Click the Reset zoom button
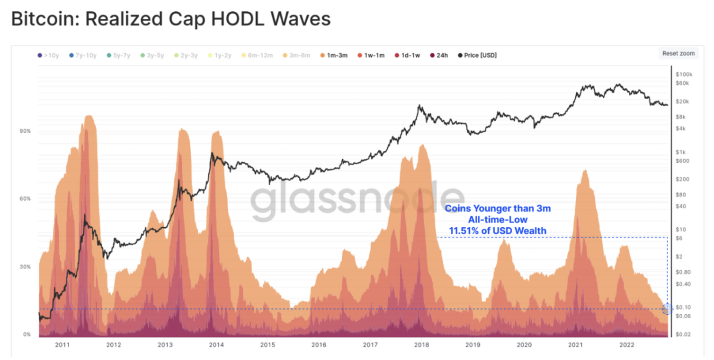pyautogui.click(x=679, y=53)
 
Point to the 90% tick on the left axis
pyautogui.click(x=25, y=131)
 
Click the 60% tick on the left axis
pyautogui.click(x=25, y=199)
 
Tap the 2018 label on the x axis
pyautogui.click(x=421, y=344)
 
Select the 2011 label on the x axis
pyautogui.click(x=63, y=344)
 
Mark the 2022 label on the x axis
pyautogui.click(x=626, y=344)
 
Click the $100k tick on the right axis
pyautogui.click(x=684, y=75)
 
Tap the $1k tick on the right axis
pyautogui.click(x=681, y=152)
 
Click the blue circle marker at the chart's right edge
pyautogui.click(x=667, y=309)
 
